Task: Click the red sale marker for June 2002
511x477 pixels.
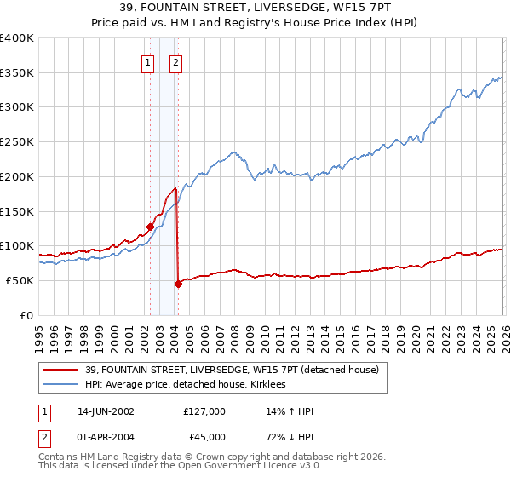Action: (x=150, y=227)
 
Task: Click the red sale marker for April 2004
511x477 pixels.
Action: (x=177, y=284)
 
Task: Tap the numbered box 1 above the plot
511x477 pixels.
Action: (x=148, y=61)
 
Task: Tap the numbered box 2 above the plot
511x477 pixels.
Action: (x=175, y=61)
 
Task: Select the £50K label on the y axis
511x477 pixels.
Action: (x=19, y=280)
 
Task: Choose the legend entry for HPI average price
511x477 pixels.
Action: (x=185, y=385)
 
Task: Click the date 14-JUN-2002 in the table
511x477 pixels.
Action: (x=106, y=411)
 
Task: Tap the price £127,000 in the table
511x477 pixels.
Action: (x=204, y=411)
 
